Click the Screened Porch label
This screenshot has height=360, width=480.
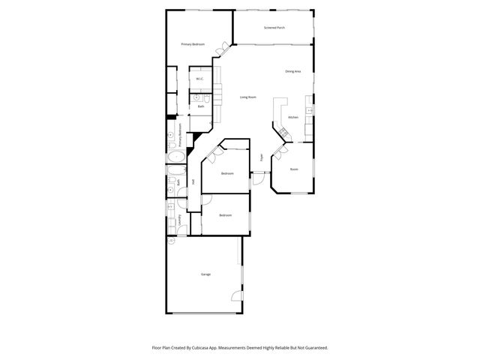pyautogui.click(x=274, y=28)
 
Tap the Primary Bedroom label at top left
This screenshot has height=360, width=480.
pyautogui.click(x=193, y=45)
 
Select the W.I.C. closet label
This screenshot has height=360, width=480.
pyautogui.click(x=200, y=79)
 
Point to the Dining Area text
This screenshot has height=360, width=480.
pyautogui.click(x=292, y=71)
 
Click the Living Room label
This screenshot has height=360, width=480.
pyautogui.click(x=248, y=97)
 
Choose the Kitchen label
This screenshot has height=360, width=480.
pyautogui.click(x=293, y=117)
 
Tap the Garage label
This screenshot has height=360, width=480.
pyautogui.click(x=205, y=274)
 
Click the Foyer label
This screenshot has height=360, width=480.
pyautogui.click(x=261, y=157)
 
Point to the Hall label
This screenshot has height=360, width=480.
pyautogui.click(x=193, y=181)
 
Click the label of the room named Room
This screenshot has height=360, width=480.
pyautogui.click(x=294, y=169)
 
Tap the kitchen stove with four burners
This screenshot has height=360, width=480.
pyautogui.click(x=284, y=133)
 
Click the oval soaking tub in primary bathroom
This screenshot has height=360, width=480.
pyautogui.click(x=176, y=157)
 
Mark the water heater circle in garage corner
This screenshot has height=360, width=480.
pyautogui.click(x=171, y=241)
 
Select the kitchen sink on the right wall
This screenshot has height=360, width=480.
pyautogui.click(x=310, y=111)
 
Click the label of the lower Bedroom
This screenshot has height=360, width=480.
pyautogui.click(x=225, y=215)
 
